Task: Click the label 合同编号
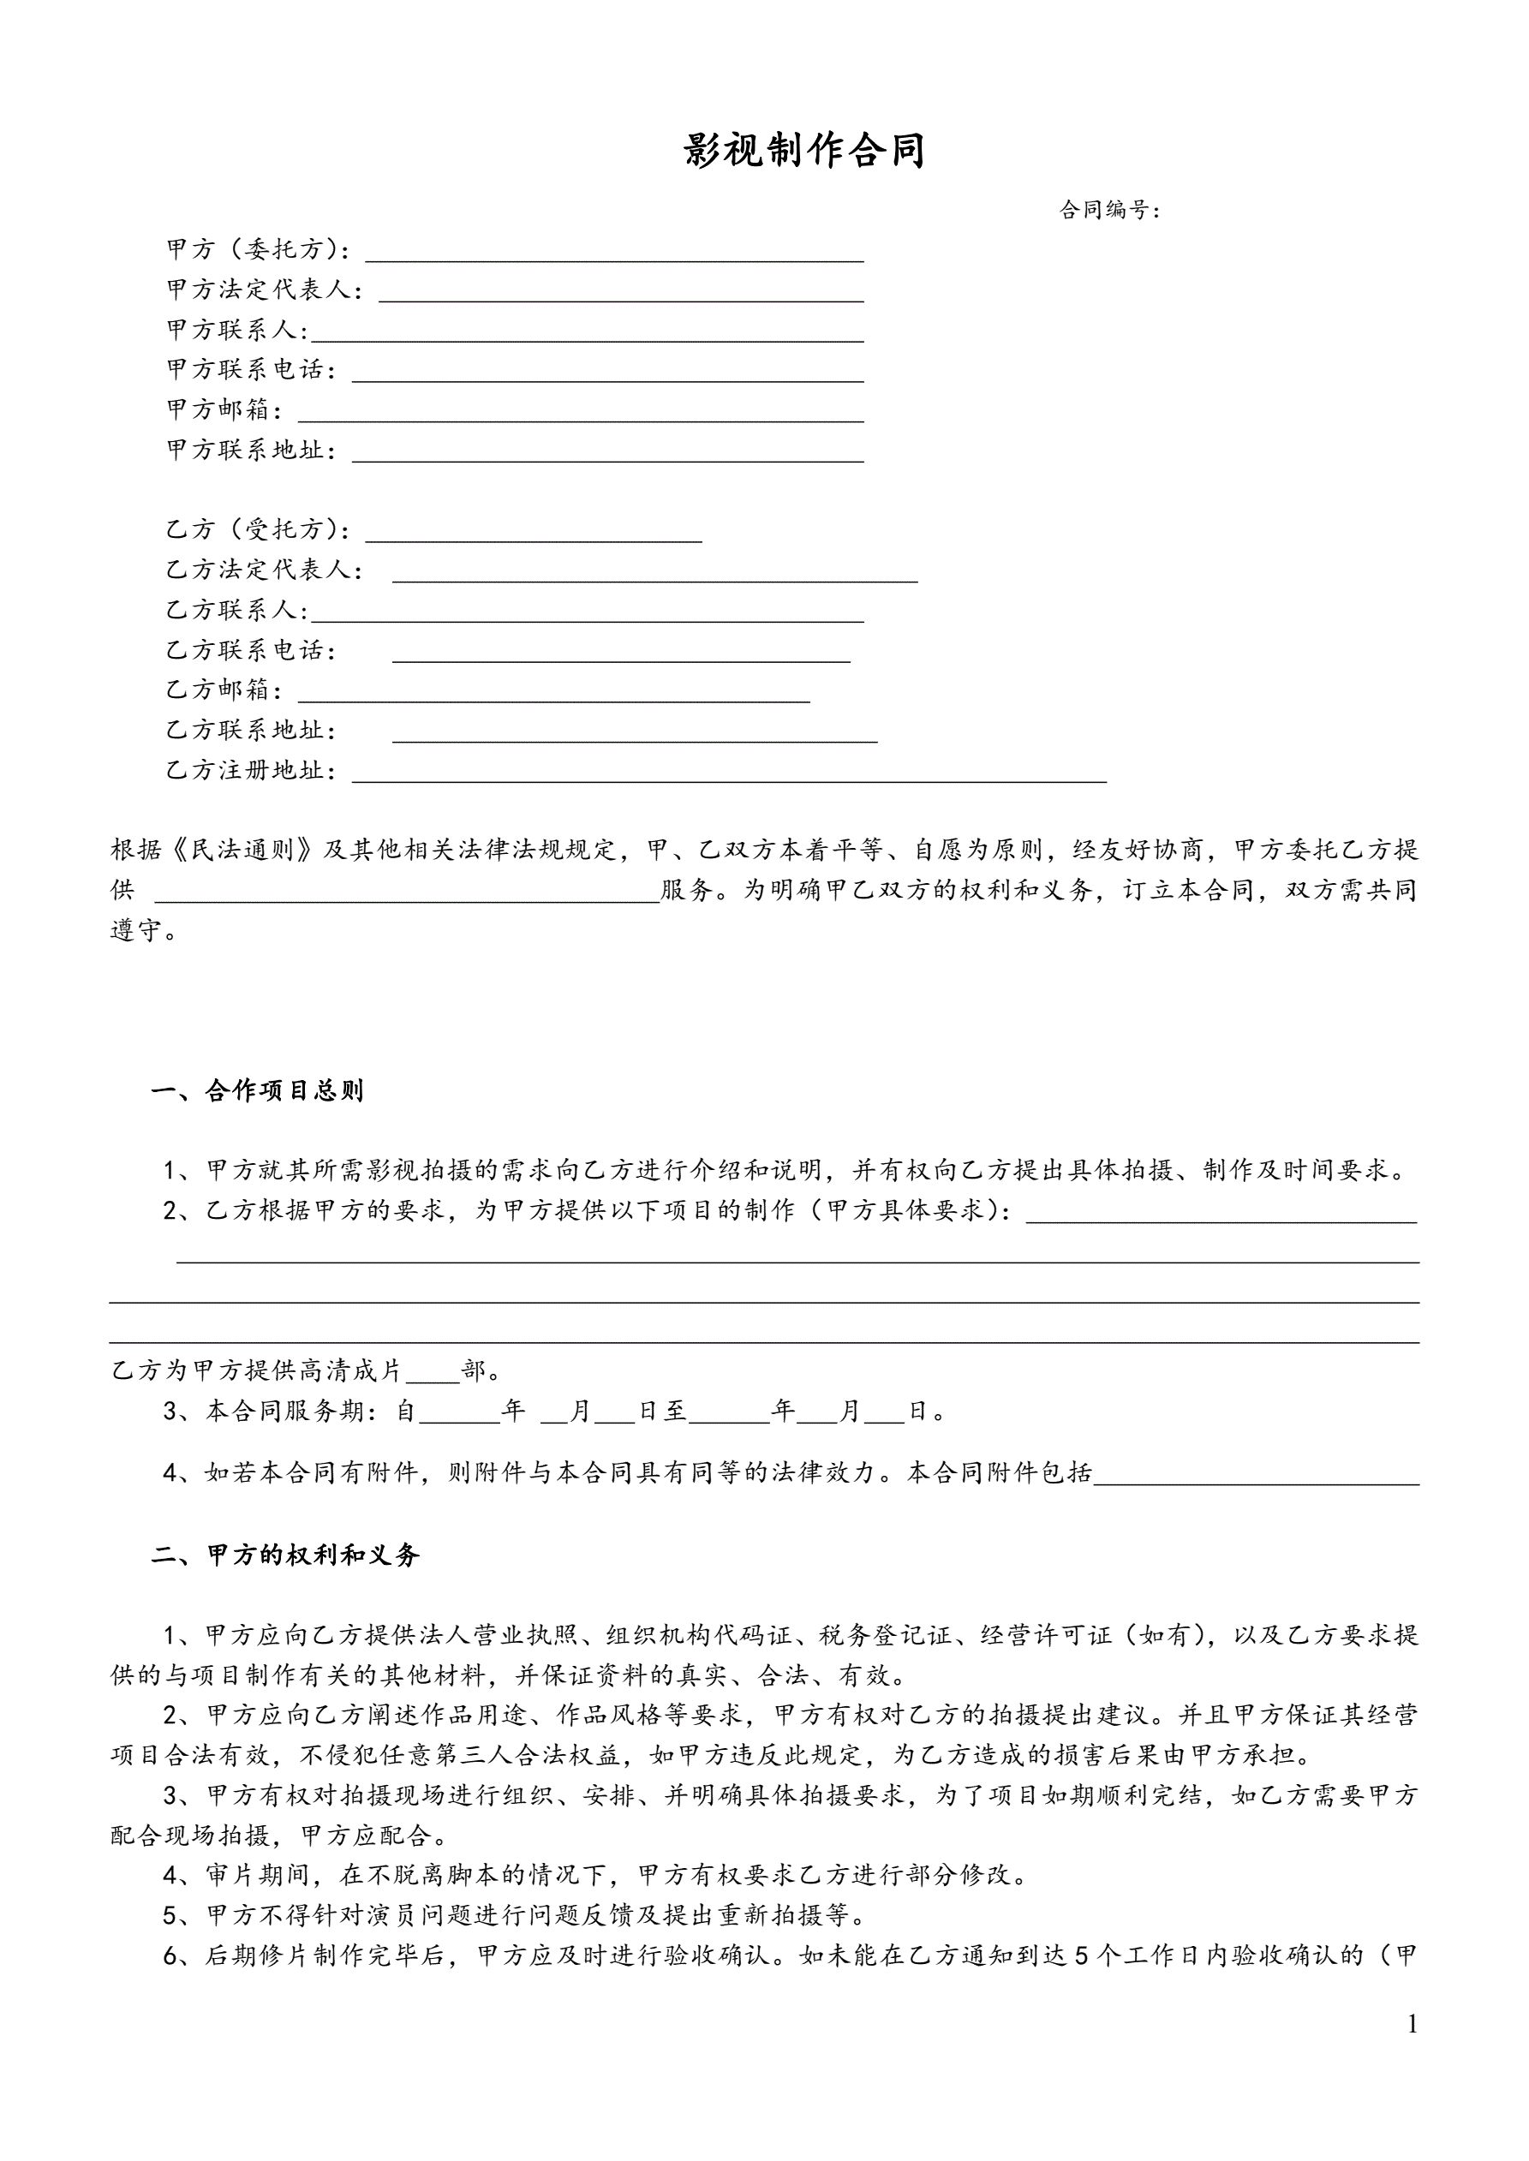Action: click(x=1108, y=210)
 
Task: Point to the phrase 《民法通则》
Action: click(x=243, y=850)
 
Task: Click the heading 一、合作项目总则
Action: click(x=257, y=1091)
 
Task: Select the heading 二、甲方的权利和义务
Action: click(x=284, y=1555)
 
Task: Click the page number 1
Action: click(x=1412, y=2050)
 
